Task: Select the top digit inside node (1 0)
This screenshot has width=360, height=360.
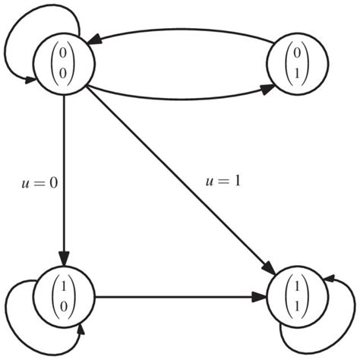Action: point(65,287)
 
